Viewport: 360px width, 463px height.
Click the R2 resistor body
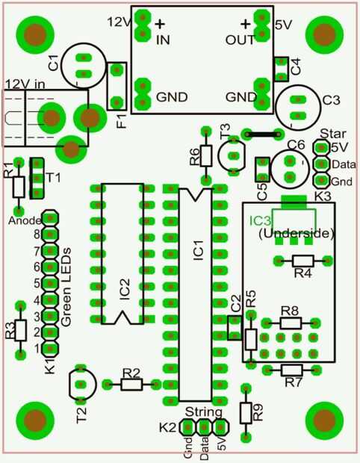point(131,385)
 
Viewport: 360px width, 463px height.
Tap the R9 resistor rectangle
point(246,412)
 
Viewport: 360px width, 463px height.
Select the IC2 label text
point(125,290)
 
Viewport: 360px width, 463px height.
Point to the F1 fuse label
point(122,121)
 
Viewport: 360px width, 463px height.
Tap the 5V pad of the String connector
point(220,427)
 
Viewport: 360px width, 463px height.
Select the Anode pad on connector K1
point(50,219)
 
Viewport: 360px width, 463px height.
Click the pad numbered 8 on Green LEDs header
point(50,235)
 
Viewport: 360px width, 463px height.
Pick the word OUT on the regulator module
point(240,40)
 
